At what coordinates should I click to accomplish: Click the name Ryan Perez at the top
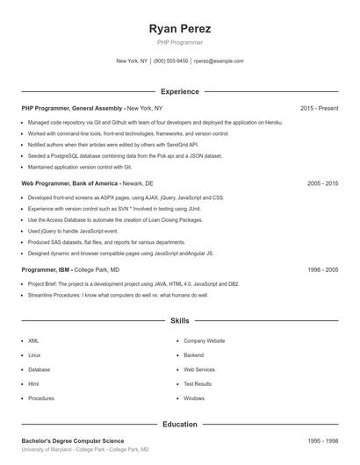pyautogui.click(x=180, y=29)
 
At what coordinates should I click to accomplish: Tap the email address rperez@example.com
pyautogui.click(x=219, y=61)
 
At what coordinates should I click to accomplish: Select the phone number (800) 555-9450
pyautogui.click(x=170, y=61)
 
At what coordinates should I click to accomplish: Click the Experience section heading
pyautogui.click(x=180, y=91)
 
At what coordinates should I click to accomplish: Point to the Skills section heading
pyautogui.click(x=180, y=322)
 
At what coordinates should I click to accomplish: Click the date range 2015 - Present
pyautogui.click(x=319, y=108)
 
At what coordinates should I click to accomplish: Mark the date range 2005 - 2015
pyautogui.click(x=323, y=184)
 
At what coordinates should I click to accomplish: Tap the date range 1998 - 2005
pyautogui.click(x=323, y=270)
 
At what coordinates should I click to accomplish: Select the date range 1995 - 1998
pyautogui.click(x=323, y=440)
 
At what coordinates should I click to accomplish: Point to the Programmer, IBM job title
pyautogui.click(x=70, y=270)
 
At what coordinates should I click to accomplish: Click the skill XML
pyautogui.click(x=33, y=340)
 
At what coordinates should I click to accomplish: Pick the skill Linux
pyautogui.click(x=34, y=354)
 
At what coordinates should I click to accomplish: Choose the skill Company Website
pyautogui.click(x=204, y=340)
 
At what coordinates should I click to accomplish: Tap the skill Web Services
pyautogui.click(x=199, y=369)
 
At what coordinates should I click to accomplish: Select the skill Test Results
pyautogui.click(x=198, y=383)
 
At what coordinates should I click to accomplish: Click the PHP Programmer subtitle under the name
pyautogui.click(x=180, y=43)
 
